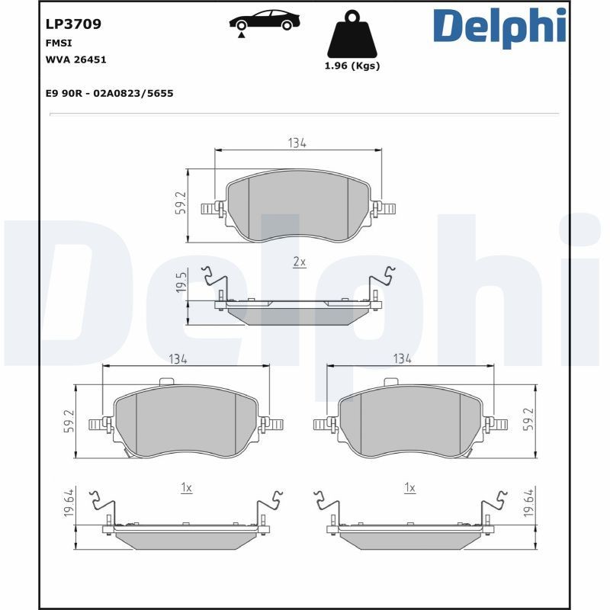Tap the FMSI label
[x=59, y=44]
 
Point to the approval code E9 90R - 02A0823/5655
[x=110, y=93]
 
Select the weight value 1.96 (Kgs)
[x=352, y=66]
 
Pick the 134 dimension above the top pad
[x=297, y=143]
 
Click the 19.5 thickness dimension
[x=181, y=282]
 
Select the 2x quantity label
[x=299, y=262]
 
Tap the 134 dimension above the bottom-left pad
[x=178, y=358]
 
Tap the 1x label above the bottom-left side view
[x=186, y=487]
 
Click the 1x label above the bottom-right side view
[x=409, y=487]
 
